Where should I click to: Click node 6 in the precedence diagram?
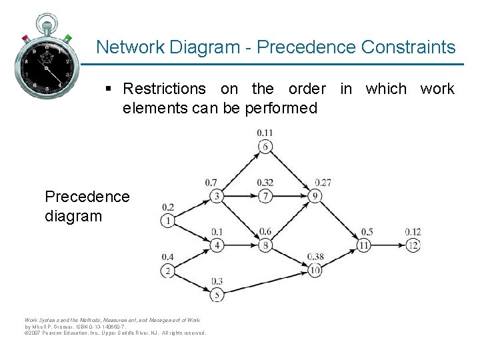(x=265, y=147)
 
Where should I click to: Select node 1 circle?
(x=167, y=221)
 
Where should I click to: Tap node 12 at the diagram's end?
(x=413, y=245)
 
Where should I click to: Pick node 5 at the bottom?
(x=217, y=294)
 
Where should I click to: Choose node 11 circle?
(x=364, y=245)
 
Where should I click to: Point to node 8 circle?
(x=265, y=245)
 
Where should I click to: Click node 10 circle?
(x=315, y=269)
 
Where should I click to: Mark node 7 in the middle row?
(x=265, y=196)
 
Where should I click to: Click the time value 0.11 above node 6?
(x=265, y=133)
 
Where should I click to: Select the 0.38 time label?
(x=316, y=257)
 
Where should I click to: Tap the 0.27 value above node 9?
(x=323, y=183)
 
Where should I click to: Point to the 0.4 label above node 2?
(x=167, y=257)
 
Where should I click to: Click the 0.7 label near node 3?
(x=211, y=183)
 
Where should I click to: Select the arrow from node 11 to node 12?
(x=389, y=245)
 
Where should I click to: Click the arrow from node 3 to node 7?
(x=241, y=196)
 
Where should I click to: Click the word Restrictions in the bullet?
(x=165, y=89)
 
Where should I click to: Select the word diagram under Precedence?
(x=73, y=216)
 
